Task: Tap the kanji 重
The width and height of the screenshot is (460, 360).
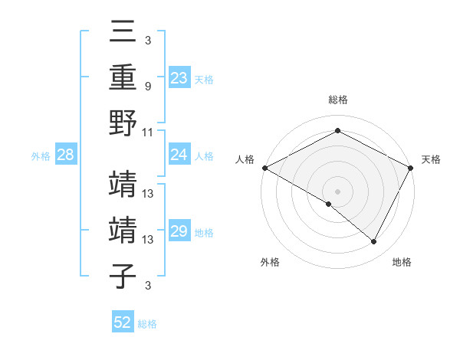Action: coord(123,78)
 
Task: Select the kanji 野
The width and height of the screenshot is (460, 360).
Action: coord(123,123)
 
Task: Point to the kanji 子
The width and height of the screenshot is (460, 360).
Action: coord(123,276)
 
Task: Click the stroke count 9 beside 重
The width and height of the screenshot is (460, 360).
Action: coord(147,87)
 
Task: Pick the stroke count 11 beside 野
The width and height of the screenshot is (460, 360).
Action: coord(148,131)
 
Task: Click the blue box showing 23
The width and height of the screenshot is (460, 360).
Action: coord(179,77)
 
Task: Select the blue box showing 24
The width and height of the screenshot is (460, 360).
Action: coord(179,155)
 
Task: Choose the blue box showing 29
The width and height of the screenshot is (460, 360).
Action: coord(179,231)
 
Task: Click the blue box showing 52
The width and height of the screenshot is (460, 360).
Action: coord(123,322)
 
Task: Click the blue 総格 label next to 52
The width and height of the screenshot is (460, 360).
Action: coord(148,324)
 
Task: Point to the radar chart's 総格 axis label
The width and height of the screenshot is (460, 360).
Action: coord(337,100)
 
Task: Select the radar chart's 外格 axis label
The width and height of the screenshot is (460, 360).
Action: coord(270,262)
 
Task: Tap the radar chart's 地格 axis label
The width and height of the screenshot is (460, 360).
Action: coord(402,262)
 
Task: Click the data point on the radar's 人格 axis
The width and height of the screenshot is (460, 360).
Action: coord(264,168)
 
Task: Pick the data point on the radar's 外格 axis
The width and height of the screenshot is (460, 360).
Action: coord(329,204)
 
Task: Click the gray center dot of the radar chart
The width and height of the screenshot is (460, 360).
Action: coord(337,191)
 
